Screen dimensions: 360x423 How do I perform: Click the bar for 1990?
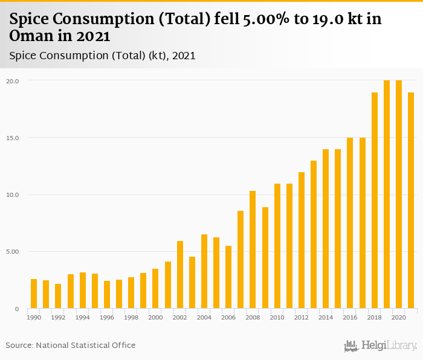tap(34, 294)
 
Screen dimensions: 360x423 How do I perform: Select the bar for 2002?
tap(180, 275)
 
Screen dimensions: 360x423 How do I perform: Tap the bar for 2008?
tap(253, 249)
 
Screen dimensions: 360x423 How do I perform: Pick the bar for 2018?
tap(375, 201)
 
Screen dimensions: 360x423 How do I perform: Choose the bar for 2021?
tap(411, 201)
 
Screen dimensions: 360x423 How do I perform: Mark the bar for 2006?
tap(228, 277)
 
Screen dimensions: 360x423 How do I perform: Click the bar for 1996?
tap(107, 295)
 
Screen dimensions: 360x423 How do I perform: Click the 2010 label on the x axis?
tap(277, 317)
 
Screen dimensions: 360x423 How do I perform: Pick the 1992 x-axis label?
tap(58, 317)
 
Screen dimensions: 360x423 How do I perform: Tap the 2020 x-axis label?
tap(399, 317)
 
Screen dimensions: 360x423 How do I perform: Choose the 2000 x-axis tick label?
tap(155, 317)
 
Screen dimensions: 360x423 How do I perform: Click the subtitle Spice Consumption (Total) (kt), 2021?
tap(102, 56)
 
